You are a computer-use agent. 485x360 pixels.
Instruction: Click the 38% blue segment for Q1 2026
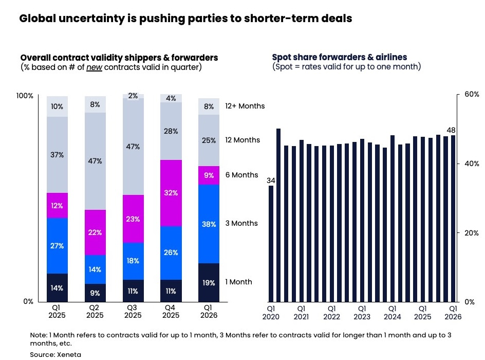coord(209,224)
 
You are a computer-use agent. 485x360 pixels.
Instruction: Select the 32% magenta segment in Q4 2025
coord(171,193)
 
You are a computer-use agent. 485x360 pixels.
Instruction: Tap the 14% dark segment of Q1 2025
coord(57,288)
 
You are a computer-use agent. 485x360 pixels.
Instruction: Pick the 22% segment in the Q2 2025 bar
coord(95,232)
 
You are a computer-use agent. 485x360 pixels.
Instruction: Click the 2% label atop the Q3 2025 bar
coord(133,96)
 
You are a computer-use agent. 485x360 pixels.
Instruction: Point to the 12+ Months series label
coord(245,106)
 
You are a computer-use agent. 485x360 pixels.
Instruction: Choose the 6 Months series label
coord(241,175)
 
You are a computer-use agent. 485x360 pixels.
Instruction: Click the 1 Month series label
coord(238,282)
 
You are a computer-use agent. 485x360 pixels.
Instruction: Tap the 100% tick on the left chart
coord(25,96)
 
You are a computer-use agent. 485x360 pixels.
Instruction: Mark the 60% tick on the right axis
coord(472,95)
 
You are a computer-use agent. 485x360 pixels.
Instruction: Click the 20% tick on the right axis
coord(472,232)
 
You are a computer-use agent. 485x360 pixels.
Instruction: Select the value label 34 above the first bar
coord(271,181)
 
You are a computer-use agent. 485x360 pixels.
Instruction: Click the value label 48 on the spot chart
coord(451,131)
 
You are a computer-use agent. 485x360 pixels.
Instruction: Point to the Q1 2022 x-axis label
coord(331,313)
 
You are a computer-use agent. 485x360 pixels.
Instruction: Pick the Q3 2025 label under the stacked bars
coord(133,311)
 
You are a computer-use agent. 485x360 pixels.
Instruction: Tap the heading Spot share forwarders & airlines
coord(339,57)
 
